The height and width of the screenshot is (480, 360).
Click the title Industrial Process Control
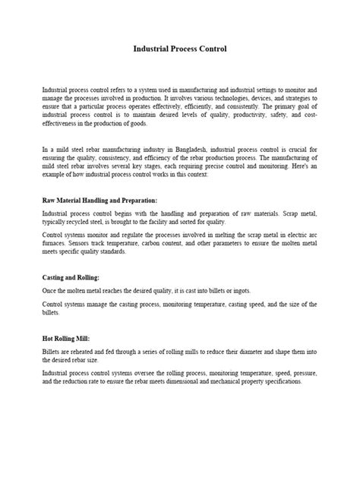180,49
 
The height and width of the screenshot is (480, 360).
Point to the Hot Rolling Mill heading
70,339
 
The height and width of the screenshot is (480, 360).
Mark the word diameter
235,352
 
